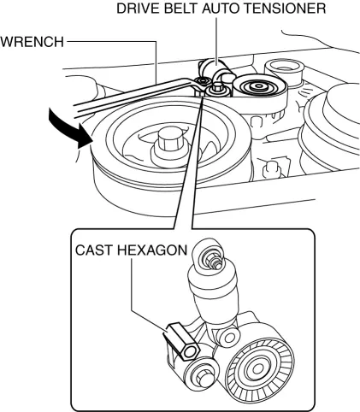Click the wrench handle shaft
click(x=128, y=95)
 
